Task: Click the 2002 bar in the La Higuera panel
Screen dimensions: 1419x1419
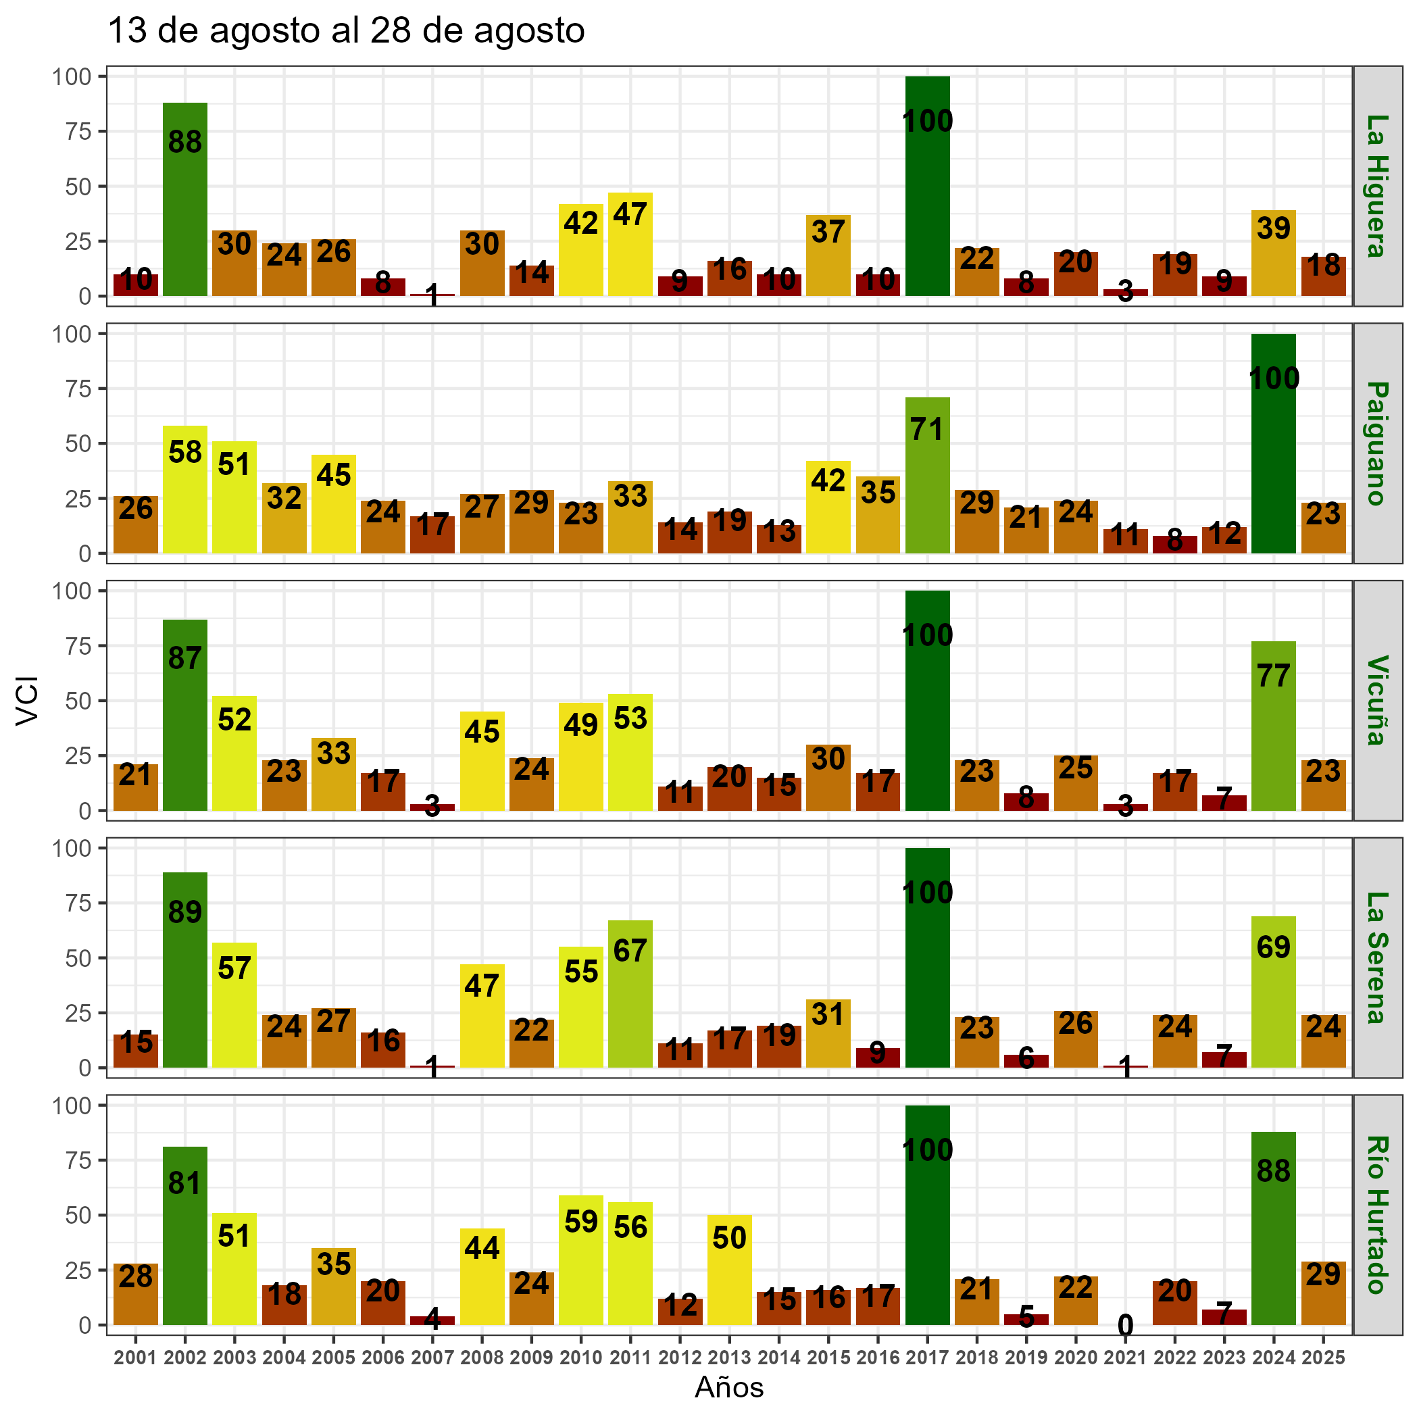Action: point(185,200)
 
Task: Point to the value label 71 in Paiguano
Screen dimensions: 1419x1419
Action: point(927,429)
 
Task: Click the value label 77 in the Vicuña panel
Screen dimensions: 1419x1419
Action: point(1273,676)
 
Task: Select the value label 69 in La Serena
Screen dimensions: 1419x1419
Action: point(1273,947)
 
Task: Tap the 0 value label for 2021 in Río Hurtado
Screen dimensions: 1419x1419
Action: point(1125,1326)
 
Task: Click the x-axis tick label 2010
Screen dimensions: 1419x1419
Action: point(581,1358)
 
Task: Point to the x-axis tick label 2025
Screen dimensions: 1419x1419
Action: point(1323,1358)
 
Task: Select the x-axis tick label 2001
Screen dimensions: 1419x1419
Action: point(136,1358)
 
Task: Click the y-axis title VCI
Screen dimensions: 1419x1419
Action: point(27,700)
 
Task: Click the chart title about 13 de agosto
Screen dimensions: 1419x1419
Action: point(346,32)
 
